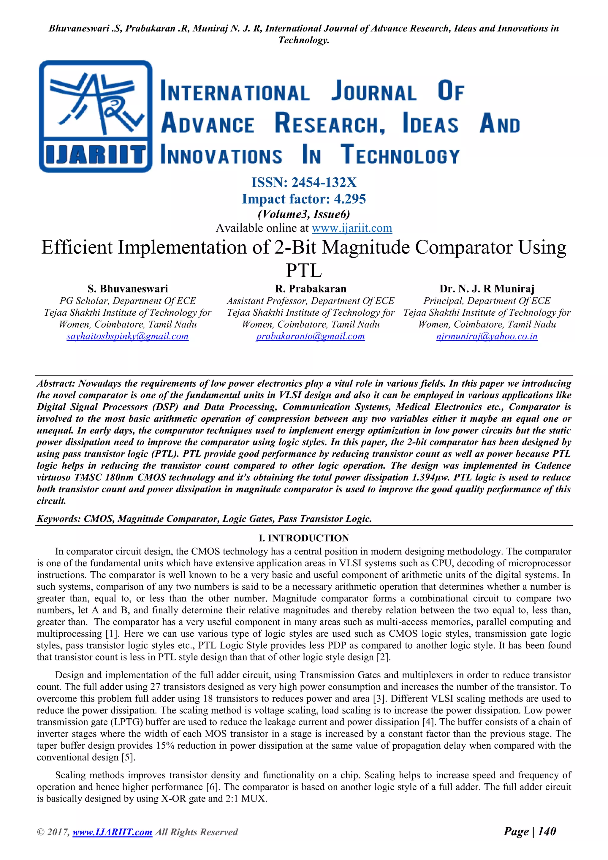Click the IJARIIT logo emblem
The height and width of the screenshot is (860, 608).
(96, 116)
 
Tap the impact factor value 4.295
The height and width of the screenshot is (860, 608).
(350, 199)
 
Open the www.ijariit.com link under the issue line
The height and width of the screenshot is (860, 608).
(351, 228)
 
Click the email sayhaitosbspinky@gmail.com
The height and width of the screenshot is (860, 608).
(127, 336)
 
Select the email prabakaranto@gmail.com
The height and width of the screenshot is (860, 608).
(310, 336)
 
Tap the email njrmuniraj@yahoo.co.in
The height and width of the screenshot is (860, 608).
(487, 336)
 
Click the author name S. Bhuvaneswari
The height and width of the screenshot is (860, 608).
(128, 289)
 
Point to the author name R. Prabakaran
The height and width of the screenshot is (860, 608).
(310, 289)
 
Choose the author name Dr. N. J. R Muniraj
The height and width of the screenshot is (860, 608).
(487, 289)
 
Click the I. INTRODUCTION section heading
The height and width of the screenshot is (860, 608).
(304, 538)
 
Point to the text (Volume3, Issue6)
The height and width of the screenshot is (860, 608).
(304, 214)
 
